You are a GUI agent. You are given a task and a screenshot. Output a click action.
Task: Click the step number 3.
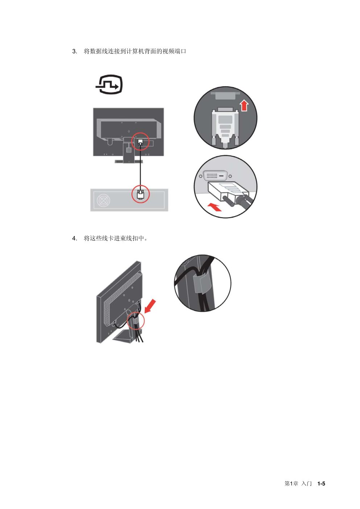click(75, 51)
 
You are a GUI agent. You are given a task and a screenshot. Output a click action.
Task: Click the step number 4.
click(75, 238)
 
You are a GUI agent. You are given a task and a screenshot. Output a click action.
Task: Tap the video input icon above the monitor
click(109, 84)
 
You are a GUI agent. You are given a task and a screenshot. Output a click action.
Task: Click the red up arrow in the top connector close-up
click(244, 105)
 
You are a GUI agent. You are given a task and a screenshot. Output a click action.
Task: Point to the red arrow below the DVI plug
click(215, 207)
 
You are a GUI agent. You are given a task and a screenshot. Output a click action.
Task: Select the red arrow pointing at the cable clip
click(150, 306)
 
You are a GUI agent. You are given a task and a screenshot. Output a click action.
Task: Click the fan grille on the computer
click(103, 200)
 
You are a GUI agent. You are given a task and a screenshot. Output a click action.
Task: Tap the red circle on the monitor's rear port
click(140, 141)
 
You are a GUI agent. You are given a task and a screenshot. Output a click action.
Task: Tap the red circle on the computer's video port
click(141, 194)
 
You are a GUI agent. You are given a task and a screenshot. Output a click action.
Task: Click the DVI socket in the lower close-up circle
click(215, 176)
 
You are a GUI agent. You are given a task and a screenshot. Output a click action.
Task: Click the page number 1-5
click(321, 484)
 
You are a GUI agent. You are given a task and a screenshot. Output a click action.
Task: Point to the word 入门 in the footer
click(306, 484)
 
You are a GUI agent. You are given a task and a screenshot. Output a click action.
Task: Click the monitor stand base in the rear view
click(129, 162)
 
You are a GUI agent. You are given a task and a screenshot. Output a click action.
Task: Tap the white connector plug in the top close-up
click(225, 127)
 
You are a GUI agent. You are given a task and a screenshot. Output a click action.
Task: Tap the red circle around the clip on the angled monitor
click(136, 320)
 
